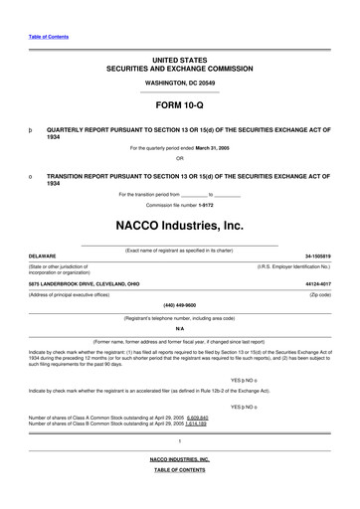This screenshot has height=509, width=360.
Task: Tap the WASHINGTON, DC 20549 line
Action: coord(180,81)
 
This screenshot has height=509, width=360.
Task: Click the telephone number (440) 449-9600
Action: coord(180,304)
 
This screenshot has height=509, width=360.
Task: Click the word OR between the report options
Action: coord(180,158)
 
